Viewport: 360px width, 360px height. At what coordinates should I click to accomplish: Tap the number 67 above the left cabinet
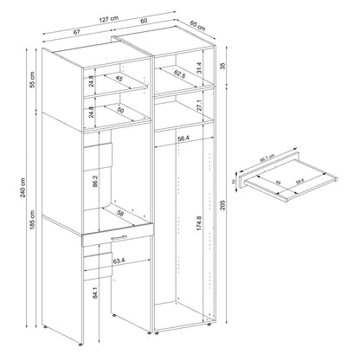pyautogui.click(x=79, y=31)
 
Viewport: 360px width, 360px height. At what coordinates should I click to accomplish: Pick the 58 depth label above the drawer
pyautogui.click(x=119, y=212)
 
